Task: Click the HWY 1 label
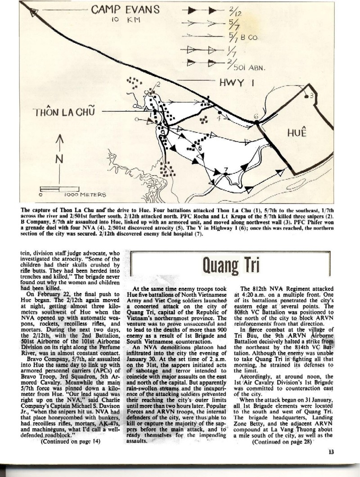(x=238, y=82)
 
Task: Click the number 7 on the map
(x=226, y=169)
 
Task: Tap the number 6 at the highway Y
(x=256, y=117)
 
